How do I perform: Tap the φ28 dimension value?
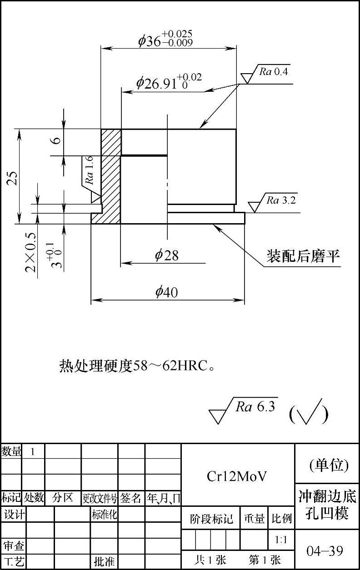167,255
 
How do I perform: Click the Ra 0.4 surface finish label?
274,71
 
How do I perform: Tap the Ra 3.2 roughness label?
281,200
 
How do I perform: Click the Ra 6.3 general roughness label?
255,407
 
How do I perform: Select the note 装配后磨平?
303,257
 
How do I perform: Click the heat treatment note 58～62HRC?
136,365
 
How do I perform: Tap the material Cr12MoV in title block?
237,476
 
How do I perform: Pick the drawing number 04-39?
325,551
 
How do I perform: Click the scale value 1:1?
281,540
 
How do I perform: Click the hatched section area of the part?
110,176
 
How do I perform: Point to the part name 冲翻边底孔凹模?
327,504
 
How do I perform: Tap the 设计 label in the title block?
14,515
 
